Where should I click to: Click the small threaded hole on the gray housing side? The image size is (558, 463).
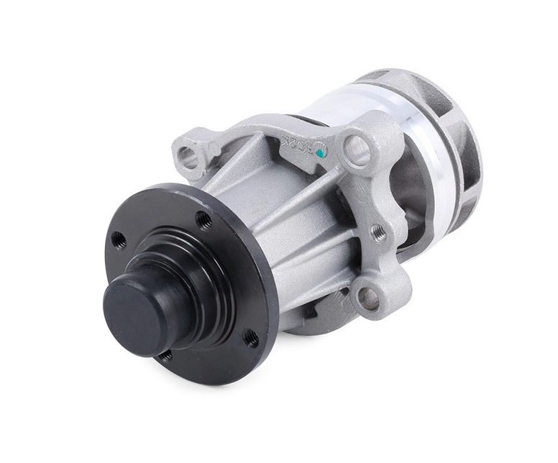click(x=378, y=232)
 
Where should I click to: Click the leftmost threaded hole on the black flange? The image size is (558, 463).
click(x=119, y=240)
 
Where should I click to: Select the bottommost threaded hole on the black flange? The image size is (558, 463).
click(x=165, y=354)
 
